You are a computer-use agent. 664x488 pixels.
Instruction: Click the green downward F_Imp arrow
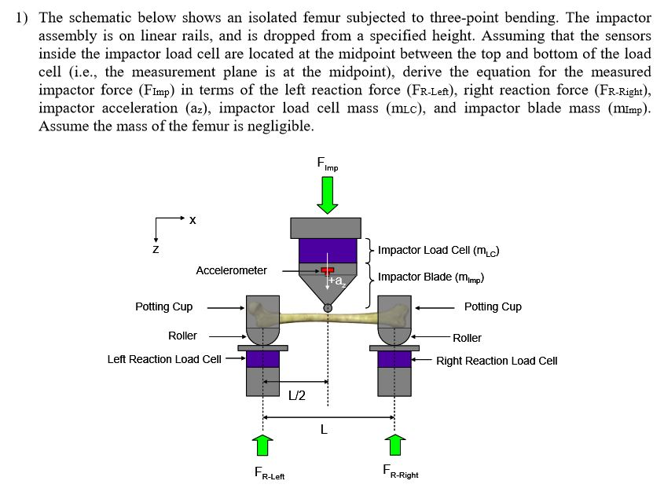click(328, 193)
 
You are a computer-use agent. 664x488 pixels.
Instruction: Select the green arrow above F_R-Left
click(263, 444)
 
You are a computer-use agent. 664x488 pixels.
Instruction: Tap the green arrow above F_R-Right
click(395, 444)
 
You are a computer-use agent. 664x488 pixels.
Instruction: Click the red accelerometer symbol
click(327, 270)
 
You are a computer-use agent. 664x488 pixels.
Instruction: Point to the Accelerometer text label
click(231, 270)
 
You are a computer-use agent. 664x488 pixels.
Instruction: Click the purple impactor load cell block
click(328, 251)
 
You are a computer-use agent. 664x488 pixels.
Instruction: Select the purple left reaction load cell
click(263, 359)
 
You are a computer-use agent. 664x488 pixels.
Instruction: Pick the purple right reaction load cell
click(394, 359)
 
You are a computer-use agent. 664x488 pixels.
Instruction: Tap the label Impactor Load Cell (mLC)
click(438, 251)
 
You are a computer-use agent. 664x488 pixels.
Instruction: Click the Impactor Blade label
click(431, 277)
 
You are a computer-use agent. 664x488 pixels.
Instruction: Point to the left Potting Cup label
click(163, 307)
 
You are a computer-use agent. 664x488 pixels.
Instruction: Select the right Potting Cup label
click(493, 307)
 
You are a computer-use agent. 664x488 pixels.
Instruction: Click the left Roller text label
click(182, 336)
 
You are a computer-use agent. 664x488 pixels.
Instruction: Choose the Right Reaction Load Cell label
click(497, 361)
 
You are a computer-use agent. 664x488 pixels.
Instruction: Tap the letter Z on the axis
click(155, 250)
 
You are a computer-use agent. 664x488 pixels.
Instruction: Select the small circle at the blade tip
click(328, 308)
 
